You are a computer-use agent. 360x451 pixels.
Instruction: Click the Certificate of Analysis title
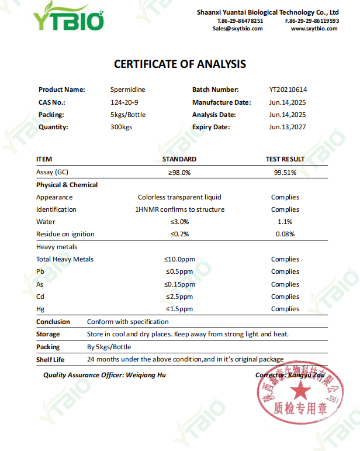(x=179, y=64)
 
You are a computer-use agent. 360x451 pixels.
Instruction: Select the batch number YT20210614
(x=288, y=89)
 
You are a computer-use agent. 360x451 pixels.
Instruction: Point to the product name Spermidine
(x=127, y=89)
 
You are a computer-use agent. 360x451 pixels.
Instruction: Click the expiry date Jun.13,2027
(x=288, y=127)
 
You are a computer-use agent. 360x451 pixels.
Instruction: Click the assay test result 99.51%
(x=285, y=173)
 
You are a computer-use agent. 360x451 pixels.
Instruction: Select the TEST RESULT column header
(x=285, y=159)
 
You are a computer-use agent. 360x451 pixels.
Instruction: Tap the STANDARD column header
(x=179, y=159)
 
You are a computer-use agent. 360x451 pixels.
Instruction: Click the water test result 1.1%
(x=285, y=222)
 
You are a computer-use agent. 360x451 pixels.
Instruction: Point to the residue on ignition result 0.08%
(x=285, y=234)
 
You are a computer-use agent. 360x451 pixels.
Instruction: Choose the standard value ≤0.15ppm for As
(x=179, y=284)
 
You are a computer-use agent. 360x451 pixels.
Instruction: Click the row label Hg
(x=40, y=309)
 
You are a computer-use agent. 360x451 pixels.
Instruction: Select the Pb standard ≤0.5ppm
(x=179, y=271)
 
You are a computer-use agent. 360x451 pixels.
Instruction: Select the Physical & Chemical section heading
(x=67, y=185)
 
